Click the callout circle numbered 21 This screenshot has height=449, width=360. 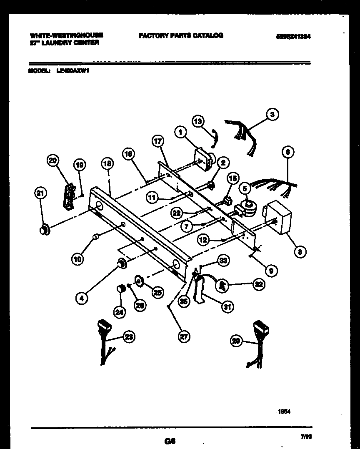click(x=40, y=193)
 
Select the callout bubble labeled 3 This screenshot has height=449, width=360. click(x=272, y=114)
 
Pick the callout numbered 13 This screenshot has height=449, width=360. click(x=199, y=121)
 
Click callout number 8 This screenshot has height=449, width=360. click(x=300, y=251)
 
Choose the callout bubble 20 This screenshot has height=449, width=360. click(x=54, y=161)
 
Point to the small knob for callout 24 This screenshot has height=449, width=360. click(x=120, y=289)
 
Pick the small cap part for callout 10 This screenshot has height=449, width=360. click(x=95, y=237)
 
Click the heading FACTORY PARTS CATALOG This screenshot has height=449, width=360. click(x=181, y=36)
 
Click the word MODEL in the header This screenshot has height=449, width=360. click(x=39, y=71)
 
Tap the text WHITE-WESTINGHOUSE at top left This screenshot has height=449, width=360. click(x=66, y=36)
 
